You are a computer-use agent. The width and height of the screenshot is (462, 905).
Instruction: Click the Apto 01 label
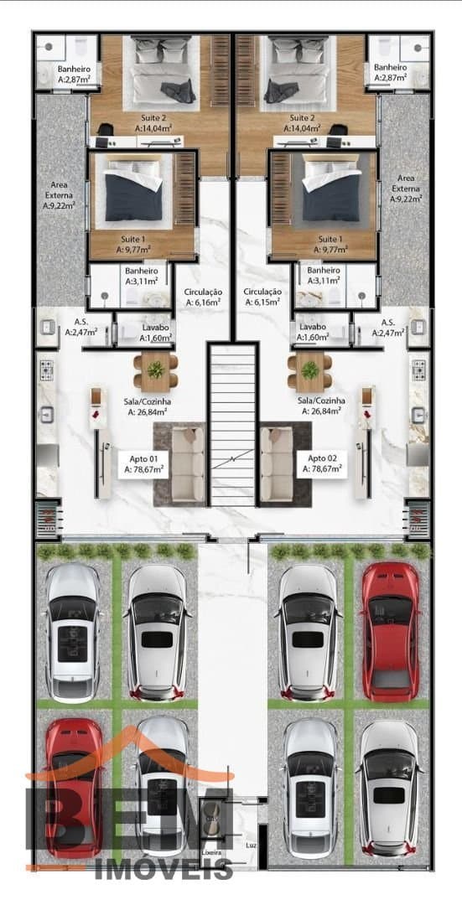[143, 464]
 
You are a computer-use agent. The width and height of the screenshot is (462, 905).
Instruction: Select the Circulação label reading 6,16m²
[203, 297]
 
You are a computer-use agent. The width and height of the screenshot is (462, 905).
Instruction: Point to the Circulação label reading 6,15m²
[262, 297]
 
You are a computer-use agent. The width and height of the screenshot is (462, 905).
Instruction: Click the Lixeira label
[209, 852]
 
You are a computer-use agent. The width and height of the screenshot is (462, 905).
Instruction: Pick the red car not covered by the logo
[391, 631]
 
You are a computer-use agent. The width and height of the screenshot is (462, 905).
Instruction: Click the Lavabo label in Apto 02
[312, 332]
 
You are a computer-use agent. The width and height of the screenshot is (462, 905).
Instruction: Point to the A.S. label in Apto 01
[80, 328]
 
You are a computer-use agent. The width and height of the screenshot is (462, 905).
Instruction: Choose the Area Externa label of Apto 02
[406, 189]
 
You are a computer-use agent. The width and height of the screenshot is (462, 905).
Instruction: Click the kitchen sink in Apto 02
[418, 415]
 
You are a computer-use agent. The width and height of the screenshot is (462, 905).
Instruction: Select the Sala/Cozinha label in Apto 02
[322, 406]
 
